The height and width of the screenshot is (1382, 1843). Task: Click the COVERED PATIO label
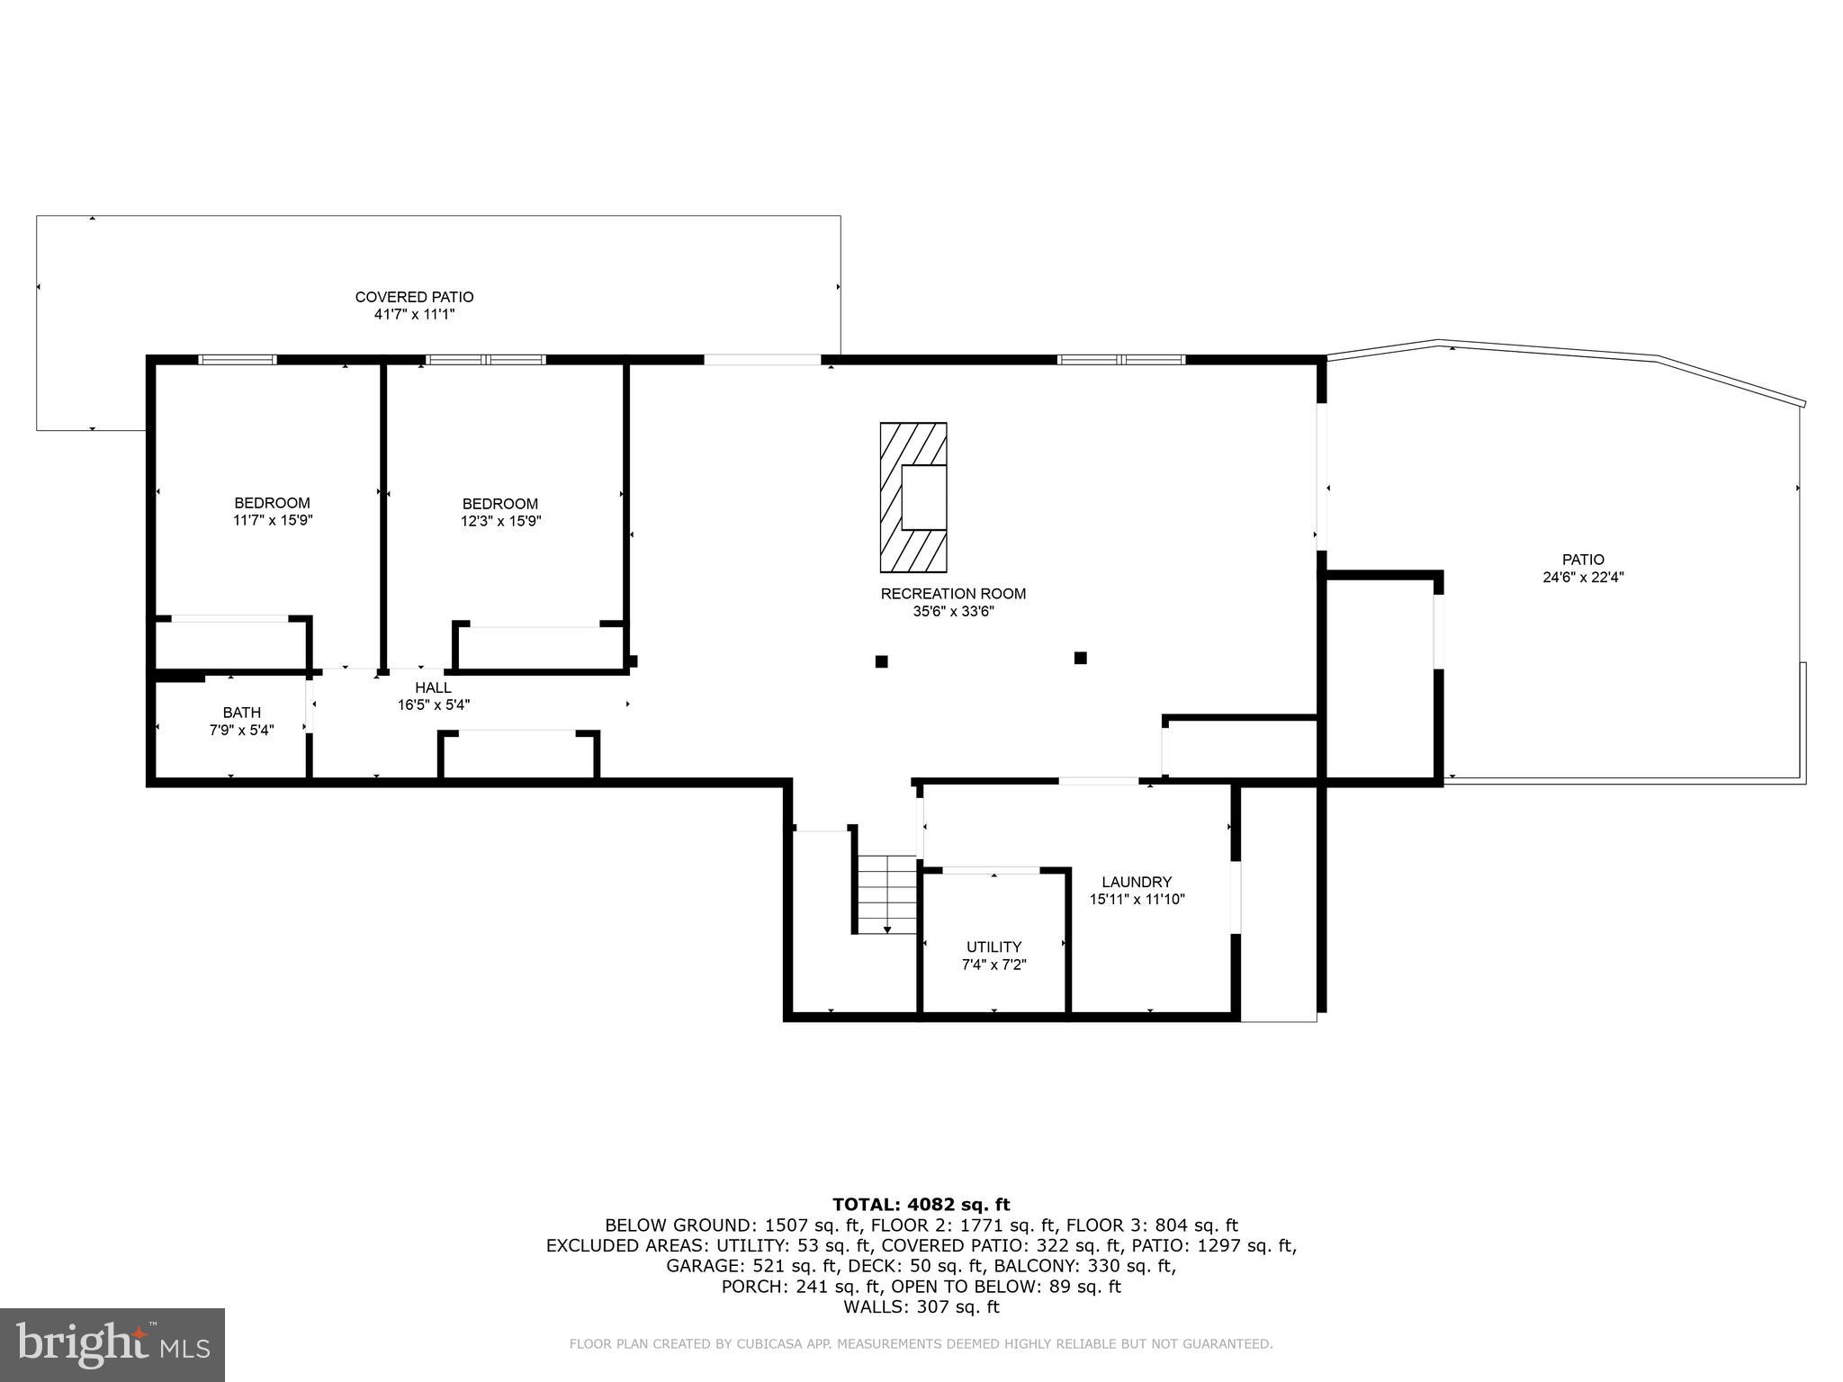414,297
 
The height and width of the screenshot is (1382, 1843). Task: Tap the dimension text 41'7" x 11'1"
414,315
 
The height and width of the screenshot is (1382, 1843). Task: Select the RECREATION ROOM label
953,594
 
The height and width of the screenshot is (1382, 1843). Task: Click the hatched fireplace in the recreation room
913,498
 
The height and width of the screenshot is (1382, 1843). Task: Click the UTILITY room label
993,947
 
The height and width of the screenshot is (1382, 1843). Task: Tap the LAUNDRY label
1137,882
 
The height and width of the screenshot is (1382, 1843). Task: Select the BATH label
241,713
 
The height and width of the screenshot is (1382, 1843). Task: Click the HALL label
433,687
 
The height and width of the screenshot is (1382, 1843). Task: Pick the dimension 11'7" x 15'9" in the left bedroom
273,520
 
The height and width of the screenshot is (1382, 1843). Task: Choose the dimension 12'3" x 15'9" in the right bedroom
500,521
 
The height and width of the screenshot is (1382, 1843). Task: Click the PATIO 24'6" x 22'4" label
1582,569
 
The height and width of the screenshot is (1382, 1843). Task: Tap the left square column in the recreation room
881,661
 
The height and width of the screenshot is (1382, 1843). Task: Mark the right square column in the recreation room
1080,658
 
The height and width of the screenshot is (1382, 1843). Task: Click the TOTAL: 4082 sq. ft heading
921,1205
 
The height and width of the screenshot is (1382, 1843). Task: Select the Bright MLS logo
112,1344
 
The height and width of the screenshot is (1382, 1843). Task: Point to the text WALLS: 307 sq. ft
921,1307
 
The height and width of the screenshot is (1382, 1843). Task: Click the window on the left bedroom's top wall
237,360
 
